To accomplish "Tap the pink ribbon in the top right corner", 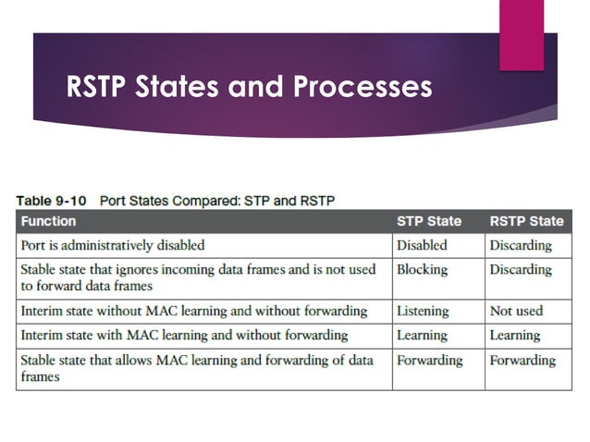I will pyautogui.click(x=522, y=34).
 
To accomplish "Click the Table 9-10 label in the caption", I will pyautogui.click(x=53, y=199).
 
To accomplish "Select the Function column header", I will pyautogui.click(x=49, y=221).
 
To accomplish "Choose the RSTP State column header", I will pyautogui.click(x=526, y=221).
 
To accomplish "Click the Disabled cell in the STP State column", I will pyautogui.click(x=422, y=245).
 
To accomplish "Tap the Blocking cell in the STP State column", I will pyautogui.click(x=422, y=269).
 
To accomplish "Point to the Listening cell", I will pyautogui.click(x=423, y=311).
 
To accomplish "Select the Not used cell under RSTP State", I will pyautogui.click(x=516, y=311).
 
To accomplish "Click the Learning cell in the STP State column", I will pyautogui.click(x=423, y=335).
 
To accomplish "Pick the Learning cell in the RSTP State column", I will pyautogui.click(x=516, y=335).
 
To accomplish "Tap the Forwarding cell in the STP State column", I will pyautogui.click(x=430, y=360).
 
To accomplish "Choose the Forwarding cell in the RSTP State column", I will pyautogui.click(x=522, y=360).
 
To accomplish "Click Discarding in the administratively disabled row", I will pyautogui.click(x=521, y=245).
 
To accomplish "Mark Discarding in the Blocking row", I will pyautogui.click(x=521, y=269).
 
